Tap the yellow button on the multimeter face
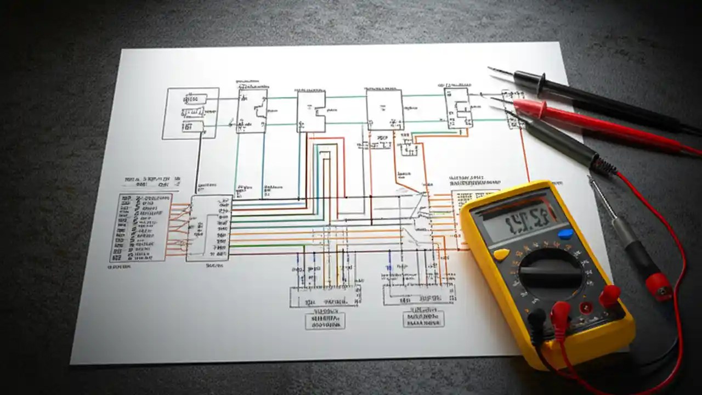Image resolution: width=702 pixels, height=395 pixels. (x=501, y=254)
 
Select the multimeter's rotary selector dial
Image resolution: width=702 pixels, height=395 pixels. (x=550, y=274)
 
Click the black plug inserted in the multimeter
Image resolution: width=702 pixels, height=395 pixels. (x=537, y=319)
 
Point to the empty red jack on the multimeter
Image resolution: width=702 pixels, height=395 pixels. (x=586, y=307)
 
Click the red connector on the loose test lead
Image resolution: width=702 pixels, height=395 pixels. (x=658, y=285)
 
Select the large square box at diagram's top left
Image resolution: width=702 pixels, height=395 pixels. (x=190, y=113)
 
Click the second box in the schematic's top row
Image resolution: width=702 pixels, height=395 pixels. (x=252, y=111)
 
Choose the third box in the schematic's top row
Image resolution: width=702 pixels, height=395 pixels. (x=311, y=111)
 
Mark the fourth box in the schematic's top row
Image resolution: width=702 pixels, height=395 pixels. (x=384, y=110)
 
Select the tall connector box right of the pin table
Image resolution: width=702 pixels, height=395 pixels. (x=209, y=228)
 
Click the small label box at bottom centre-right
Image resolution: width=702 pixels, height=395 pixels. (x=423, y=319)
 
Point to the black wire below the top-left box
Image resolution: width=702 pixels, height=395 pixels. (x=197, y=165)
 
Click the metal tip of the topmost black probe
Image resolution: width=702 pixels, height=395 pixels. (x=499, y=71)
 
